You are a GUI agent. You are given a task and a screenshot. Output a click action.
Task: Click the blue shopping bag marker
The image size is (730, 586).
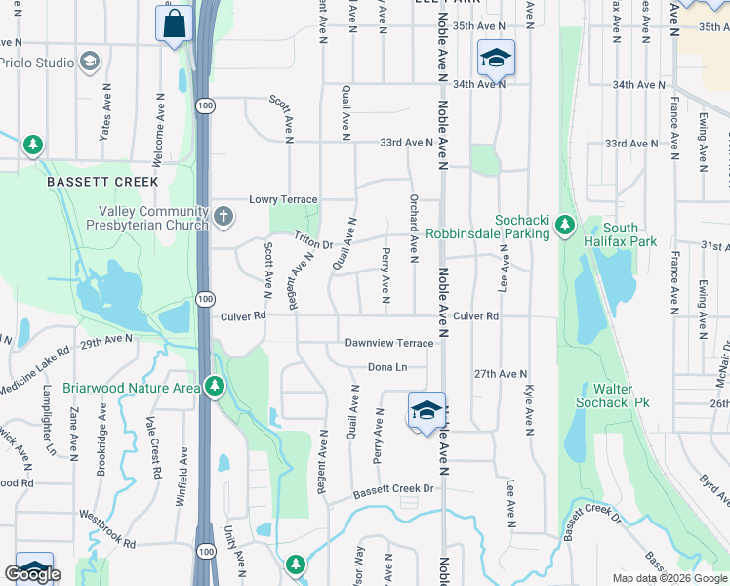point(174,23)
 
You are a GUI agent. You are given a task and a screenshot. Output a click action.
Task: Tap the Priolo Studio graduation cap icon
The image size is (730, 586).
point(91,63)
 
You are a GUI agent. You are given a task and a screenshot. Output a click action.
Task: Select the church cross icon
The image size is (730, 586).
point(223,216)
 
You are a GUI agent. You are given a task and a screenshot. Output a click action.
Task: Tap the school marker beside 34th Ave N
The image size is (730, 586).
point(495,59)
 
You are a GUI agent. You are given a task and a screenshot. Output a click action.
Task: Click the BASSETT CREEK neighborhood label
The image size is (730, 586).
point(101,183)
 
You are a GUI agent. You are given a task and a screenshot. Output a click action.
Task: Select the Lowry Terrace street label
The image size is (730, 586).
point(283,199)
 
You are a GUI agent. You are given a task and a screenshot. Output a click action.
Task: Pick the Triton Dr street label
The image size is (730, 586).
point(314,239)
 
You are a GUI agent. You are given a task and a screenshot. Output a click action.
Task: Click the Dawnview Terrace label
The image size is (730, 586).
point(388,343)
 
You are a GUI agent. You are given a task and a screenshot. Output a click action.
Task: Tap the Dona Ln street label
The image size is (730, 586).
point(386,367)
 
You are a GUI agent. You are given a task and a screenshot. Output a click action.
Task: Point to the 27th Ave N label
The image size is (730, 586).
point(500,374)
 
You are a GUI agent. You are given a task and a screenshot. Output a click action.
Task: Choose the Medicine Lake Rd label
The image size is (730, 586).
point(35,366)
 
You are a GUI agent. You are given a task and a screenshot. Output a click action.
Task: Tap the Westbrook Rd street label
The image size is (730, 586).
point(106,528)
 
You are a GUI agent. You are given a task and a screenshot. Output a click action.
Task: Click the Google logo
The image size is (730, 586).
point(33,574)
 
